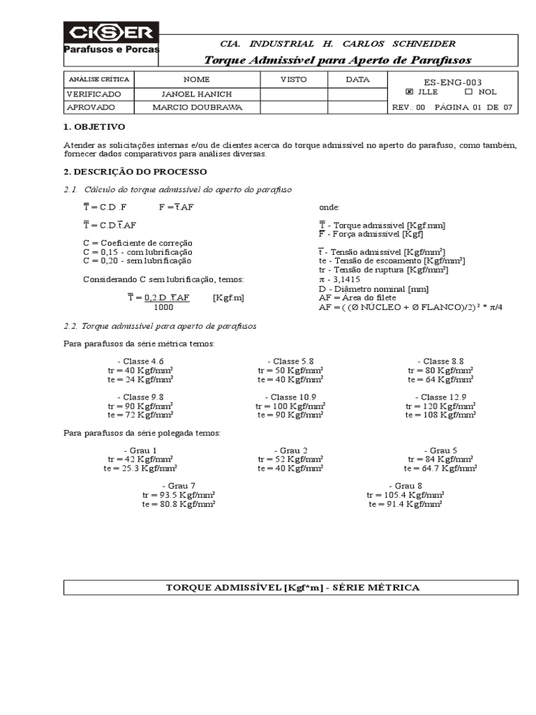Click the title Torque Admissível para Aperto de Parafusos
click(x=337, y=60)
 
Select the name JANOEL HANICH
click(x=196, y=94)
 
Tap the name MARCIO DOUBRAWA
click(x=196, y=108)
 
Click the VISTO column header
click(x=293, y=80)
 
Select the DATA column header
click(x=357, y=80)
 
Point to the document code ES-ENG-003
click(x=452, y=82)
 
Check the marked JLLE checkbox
click(x=409, y=91)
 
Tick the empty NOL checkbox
click(x=468, y=91)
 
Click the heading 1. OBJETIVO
click(x=94, y=127)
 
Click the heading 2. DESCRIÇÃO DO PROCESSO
click(x=135, y=172)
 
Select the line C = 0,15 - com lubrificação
click(x=137, y=251)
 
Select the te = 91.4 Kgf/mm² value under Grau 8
click(x=405, y=503)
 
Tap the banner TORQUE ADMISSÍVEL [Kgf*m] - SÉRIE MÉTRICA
click(x=292, y=587)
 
